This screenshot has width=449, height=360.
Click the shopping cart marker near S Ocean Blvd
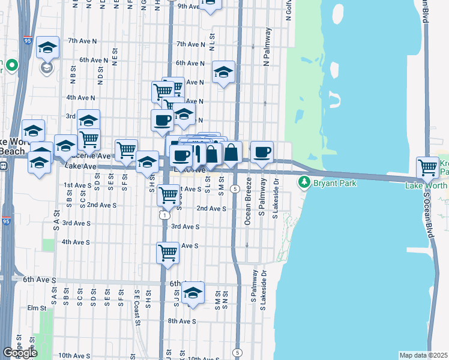[x=428, y=166]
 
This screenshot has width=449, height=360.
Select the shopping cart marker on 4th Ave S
[x=168, y=251]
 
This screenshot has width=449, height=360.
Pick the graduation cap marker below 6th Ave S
[x=193, y=293]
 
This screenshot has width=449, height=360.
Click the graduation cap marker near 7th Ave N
[x=47, y=47]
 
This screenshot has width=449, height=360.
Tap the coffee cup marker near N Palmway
[x=262, y=151]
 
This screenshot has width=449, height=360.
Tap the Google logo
[x=19, y=353]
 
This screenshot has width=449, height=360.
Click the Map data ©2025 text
[x=423, y=355]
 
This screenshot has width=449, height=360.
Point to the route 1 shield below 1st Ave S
[x=163, y=214]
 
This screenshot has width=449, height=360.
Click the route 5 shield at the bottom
[x=238, y=352]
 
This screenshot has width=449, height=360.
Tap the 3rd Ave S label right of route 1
[x=185, y=227]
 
